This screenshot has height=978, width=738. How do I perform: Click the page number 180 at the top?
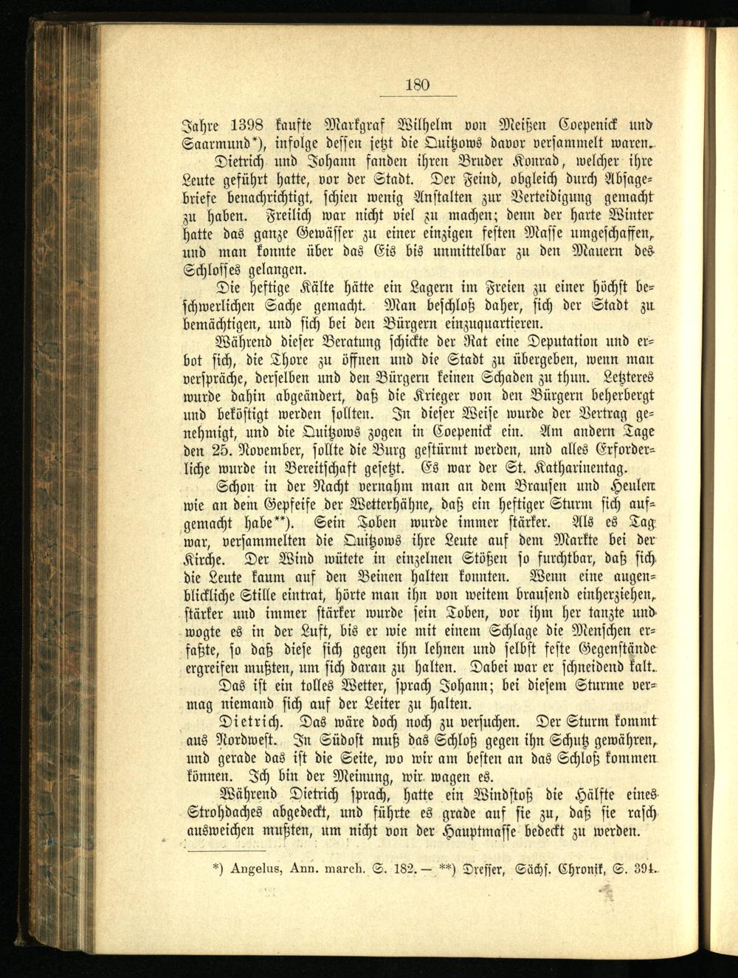point(417,85)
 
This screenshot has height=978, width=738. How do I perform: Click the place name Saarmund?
point(217,142)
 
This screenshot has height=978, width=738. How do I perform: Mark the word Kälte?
point(324,287)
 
